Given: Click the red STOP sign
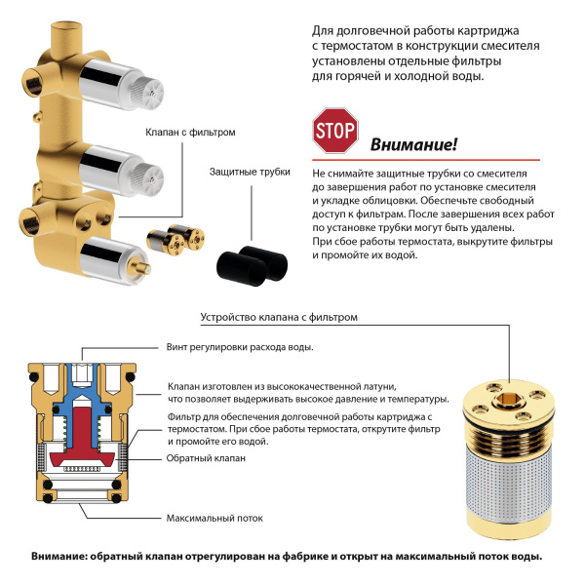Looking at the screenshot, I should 335,130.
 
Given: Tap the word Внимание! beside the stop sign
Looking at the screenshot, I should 412,145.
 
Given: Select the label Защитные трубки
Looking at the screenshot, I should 250,172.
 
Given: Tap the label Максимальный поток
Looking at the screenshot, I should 215,517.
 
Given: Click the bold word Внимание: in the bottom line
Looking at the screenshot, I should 58,557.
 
